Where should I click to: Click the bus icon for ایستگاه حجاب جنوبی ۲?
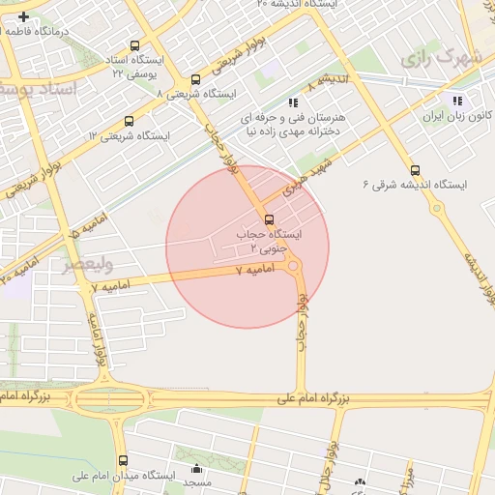269,218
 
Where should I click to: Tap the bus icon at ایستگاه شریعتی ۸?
196,80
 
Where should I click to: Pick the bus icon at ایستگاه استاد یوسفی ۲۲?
132,44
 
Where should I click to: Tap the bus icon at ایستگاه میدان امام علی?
123,461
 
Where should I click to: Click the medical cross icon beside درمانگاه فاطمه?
23,16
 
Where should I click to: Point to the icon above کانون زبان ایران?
456,100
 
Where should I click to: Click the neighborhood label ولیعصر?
89,262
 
